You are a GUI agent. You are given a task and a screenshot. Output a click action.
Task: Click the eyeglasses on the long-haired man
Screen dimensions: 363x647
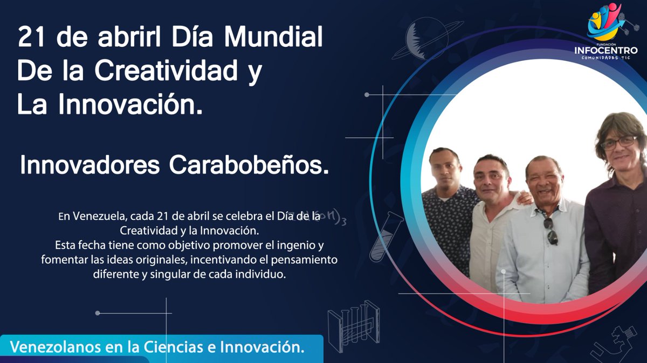[x=618, y=143]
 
